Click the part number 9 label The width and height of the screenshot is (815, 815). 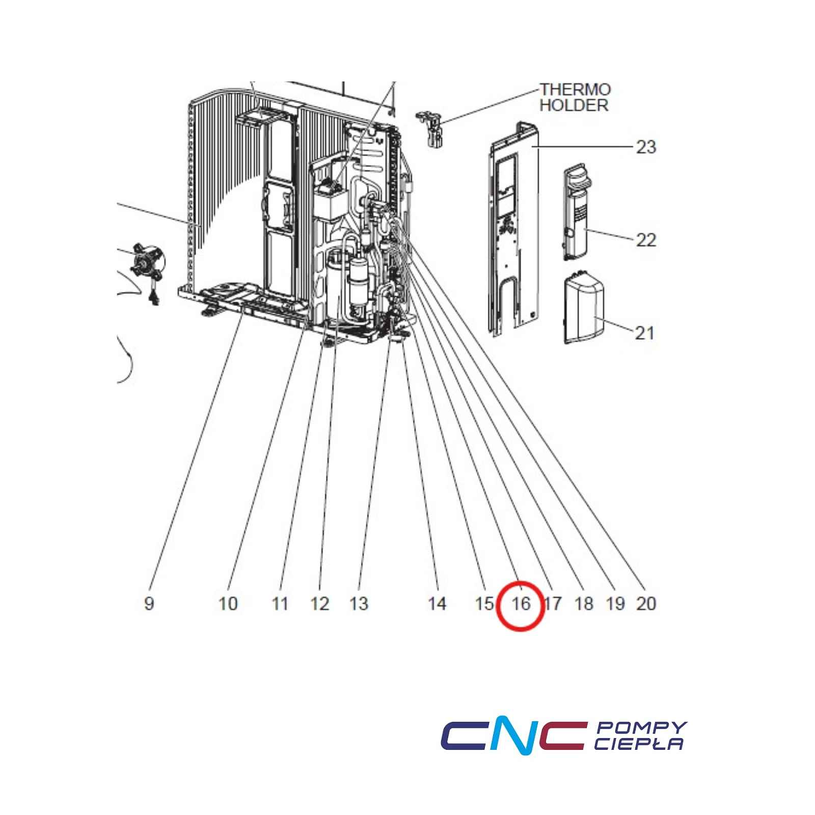click(x=149, y=604)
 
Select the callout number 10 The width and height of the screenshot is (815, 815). click(x=228, y=604)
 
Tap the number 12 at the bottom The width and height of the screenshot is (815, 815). click(x=320, y=604)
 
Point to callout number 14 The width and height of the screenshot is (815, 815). click(x=437, y=604)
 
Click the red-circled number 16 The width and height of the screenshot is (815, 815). click(x=521, y=604)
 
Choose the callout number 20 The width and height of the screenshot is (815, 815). click(x=646, y=604)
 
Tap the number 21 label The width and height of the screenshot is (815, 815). click(x=644, y=333)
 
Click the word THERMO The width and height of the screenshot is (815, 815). click(x=575, y=90)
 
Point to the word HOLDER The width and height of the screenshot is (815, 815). click(x=574, y=105)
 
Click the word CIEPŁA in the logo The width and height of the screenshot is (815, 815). click(x=639, y=744)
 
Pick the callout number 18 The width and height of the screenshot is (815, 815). click(x=584, y=604)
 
